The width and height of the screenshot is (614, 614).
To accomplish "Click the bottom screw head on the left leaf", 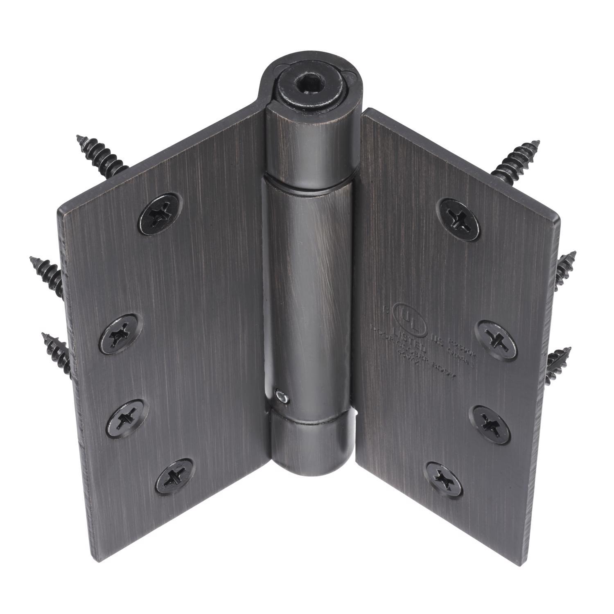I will (x=174, y=477).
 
